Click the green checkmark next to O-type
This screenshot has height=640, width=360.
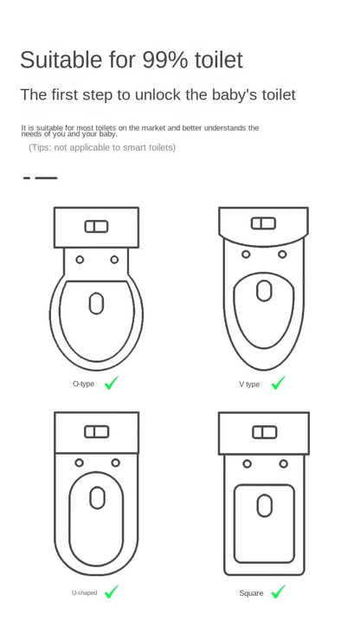click(x=112, y=383)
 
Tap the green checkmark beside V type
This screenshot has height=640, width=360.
click(x=278, y=383)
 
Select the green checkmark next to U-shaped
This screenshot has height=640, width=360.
click(x=112, y=592)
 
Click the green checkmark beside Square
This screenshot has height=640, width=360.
click(x=278, y=592)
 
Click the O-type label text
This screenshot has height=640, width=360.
click(x=83, y=384)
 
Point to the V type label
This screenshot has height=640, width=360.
click(x=249, y=384)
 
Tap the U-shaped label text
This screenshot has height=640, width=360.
click(x=84, y=592)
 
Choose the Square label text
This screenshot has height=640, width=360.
click(x=251, y=593)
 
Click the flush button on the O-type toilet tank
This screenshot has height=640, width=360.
click(x=96, y=227)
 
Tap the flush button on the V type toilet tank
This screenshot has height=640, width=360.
click(x=263, y=223)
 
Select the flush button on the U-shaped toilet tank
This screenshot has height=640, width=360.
click(x=96, y=431)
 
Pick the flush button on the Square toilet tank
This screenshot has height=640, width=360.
click(x=263, y=431)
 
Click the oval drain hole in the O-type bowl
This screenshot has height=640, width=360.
click(x=96, y=303)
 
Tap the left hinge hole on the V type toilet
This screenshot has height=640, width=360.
click(x=246, y=255)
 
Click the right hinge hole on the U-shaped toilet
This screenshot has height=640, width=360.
click(x=114, y=462)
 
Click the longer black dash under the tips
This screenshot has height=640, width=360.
click(x=46, y=178)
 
